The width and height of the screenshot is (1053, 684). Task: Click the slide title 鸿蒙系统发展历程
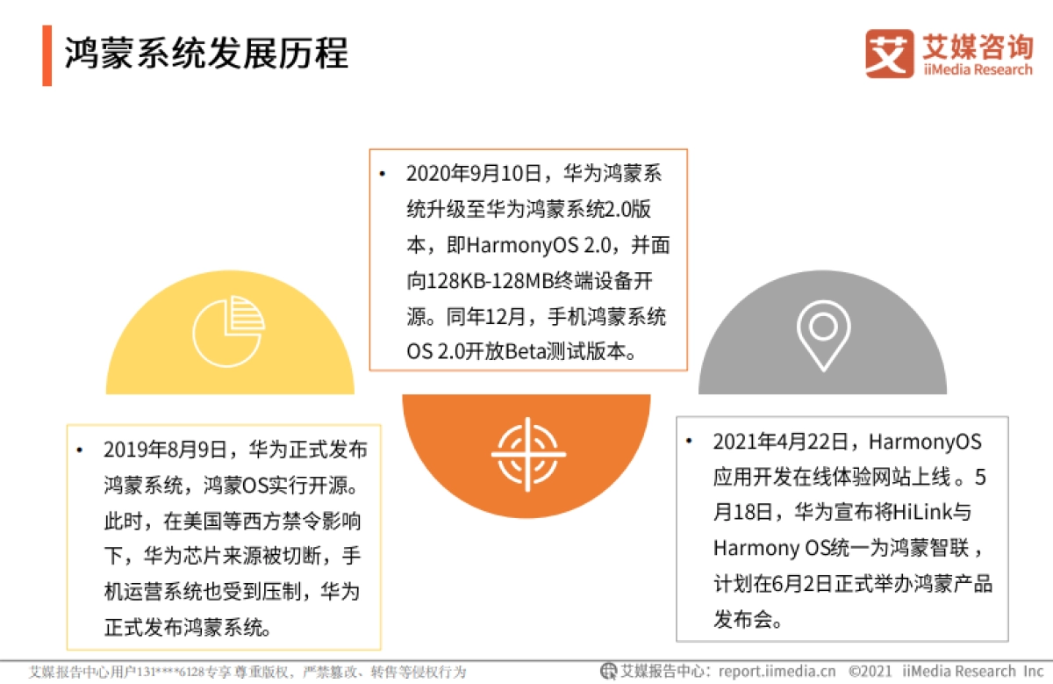point(207,54)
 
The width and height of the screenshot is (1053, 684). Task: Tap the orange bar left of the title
point(47,55)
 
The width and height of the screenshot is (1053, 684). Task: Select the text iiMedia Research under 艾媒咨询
point(977,70)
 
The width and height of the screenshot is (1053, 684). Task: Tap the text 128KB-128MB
point(481,281)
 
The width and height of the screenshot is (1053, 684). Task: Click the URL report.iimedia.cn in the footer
point(777,672)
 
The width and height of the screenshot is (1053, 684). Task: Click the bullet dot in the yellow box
point(80,450)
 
